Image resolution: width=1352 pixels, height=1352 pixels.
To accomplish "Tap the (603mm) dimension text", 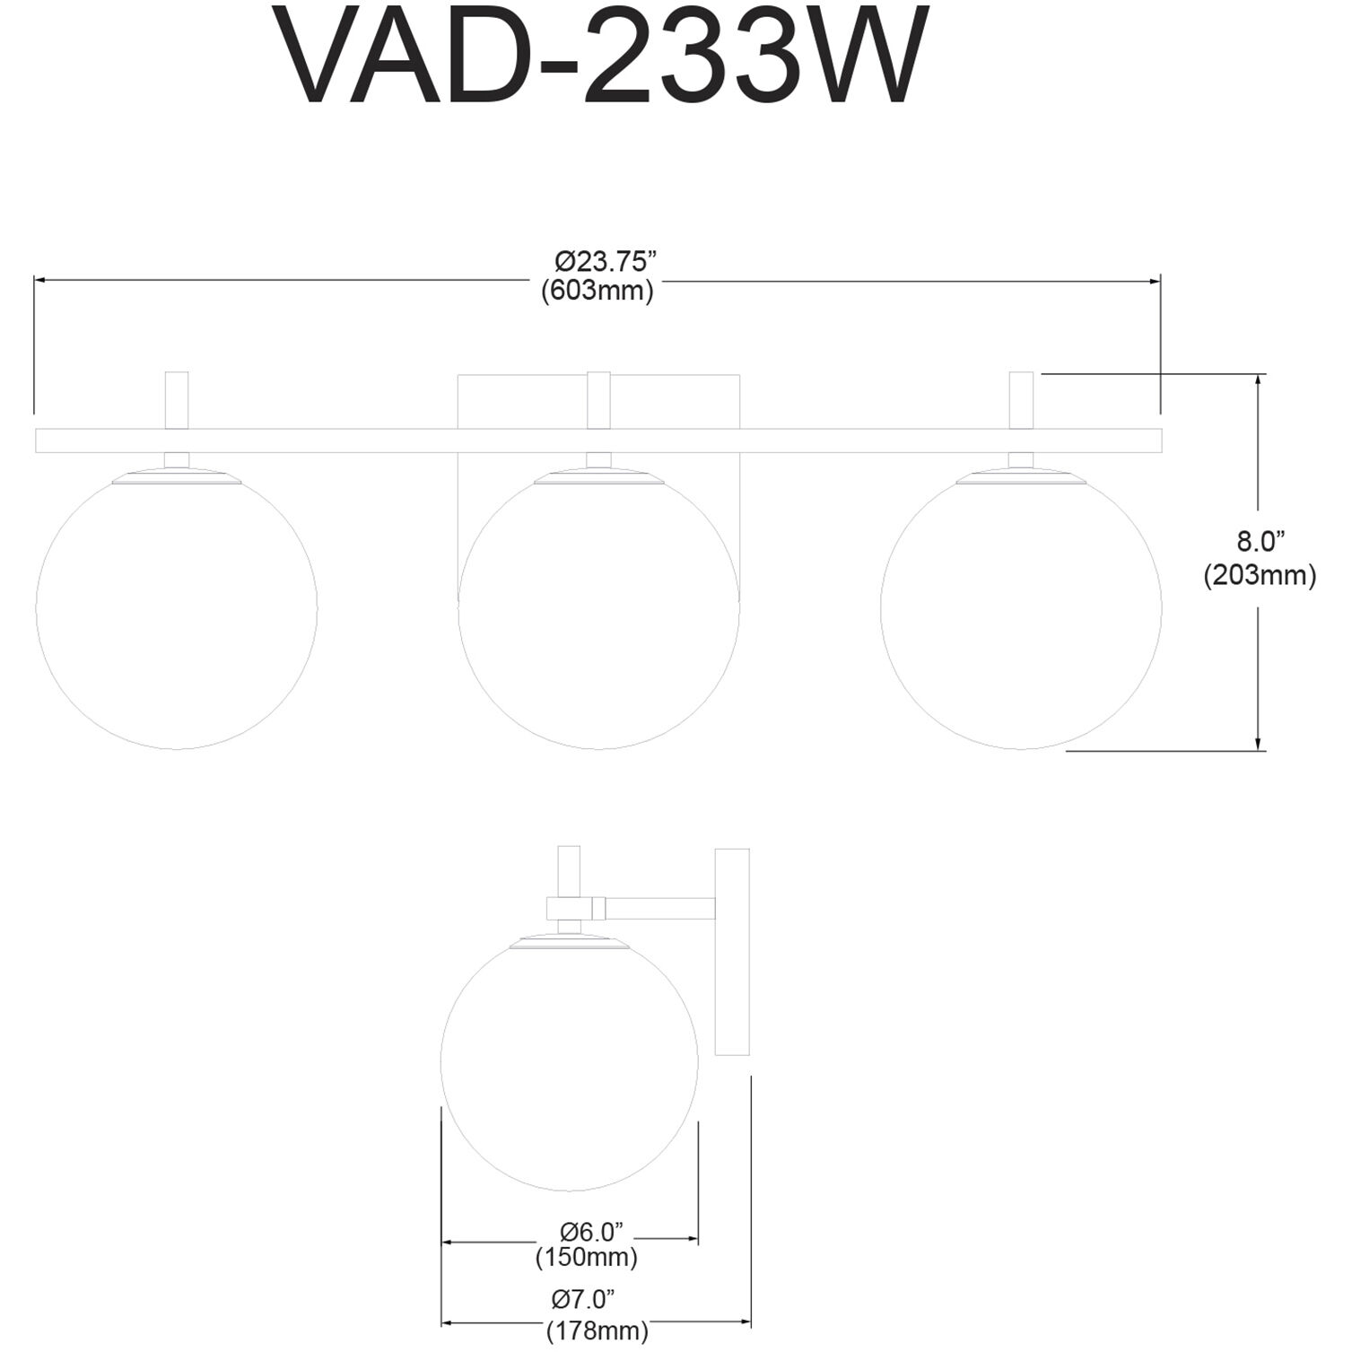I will tap(597, 291).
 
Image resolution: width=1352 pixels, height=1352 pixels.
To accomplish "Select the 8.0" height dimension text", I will tap(1260, 541).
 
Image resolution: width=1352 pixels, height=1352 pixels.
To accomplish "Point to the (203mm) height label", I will tap(1260, 575).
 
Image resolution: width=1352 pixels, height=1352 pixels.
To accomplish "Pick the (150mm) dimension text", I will tap(587, 1257).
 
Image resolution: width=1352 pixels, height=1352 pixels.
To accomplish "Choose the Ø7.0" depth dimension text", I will tap(583, 1297).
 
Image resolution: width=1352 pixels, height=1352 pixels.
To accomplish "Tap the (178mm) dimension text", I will tap(597, 1331).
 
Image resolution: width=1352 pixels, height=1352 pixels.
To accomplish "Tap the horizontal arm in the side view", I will tap(659, 908).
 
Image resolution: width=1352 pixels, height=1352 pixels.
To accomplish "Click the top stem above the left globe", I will tap(177, 400).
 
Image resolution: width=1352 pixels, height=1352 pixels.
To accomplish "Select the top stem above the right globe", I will tap(1021, 400).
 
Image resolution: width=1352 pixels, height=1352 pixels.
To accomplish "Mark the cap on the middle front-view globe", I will tap(598, 476).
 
